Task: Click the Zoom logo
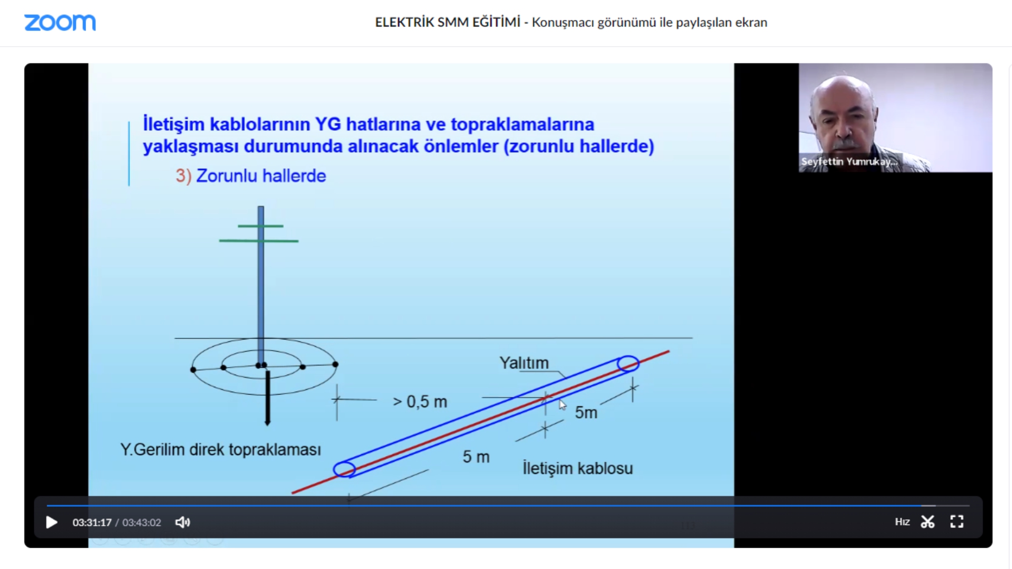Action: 60,22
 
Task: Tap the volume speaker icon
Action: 182,522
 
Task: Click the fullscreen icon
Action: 956,521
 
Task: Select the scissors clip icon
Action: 927,521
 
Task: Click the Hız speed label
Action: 902,521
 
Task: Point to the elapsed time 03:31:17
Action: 92,522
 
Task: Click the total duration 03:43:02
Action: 141,522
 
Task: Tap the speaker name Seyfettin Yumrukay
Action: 849,161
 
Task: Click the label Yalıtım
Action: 524,363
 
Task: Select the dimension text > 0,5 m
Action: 420,401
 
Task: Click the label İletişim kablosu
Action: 577,468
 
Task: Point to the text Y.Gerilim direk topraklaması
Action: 221,450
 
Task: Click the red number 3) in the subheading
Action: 183,176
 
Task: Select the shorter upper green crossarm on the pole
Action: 261,226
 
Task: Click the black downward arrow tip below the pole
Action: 268,424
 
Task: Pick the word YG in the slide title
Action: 328,124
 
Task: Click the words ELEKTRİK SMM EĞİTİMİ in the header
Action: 447,22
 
